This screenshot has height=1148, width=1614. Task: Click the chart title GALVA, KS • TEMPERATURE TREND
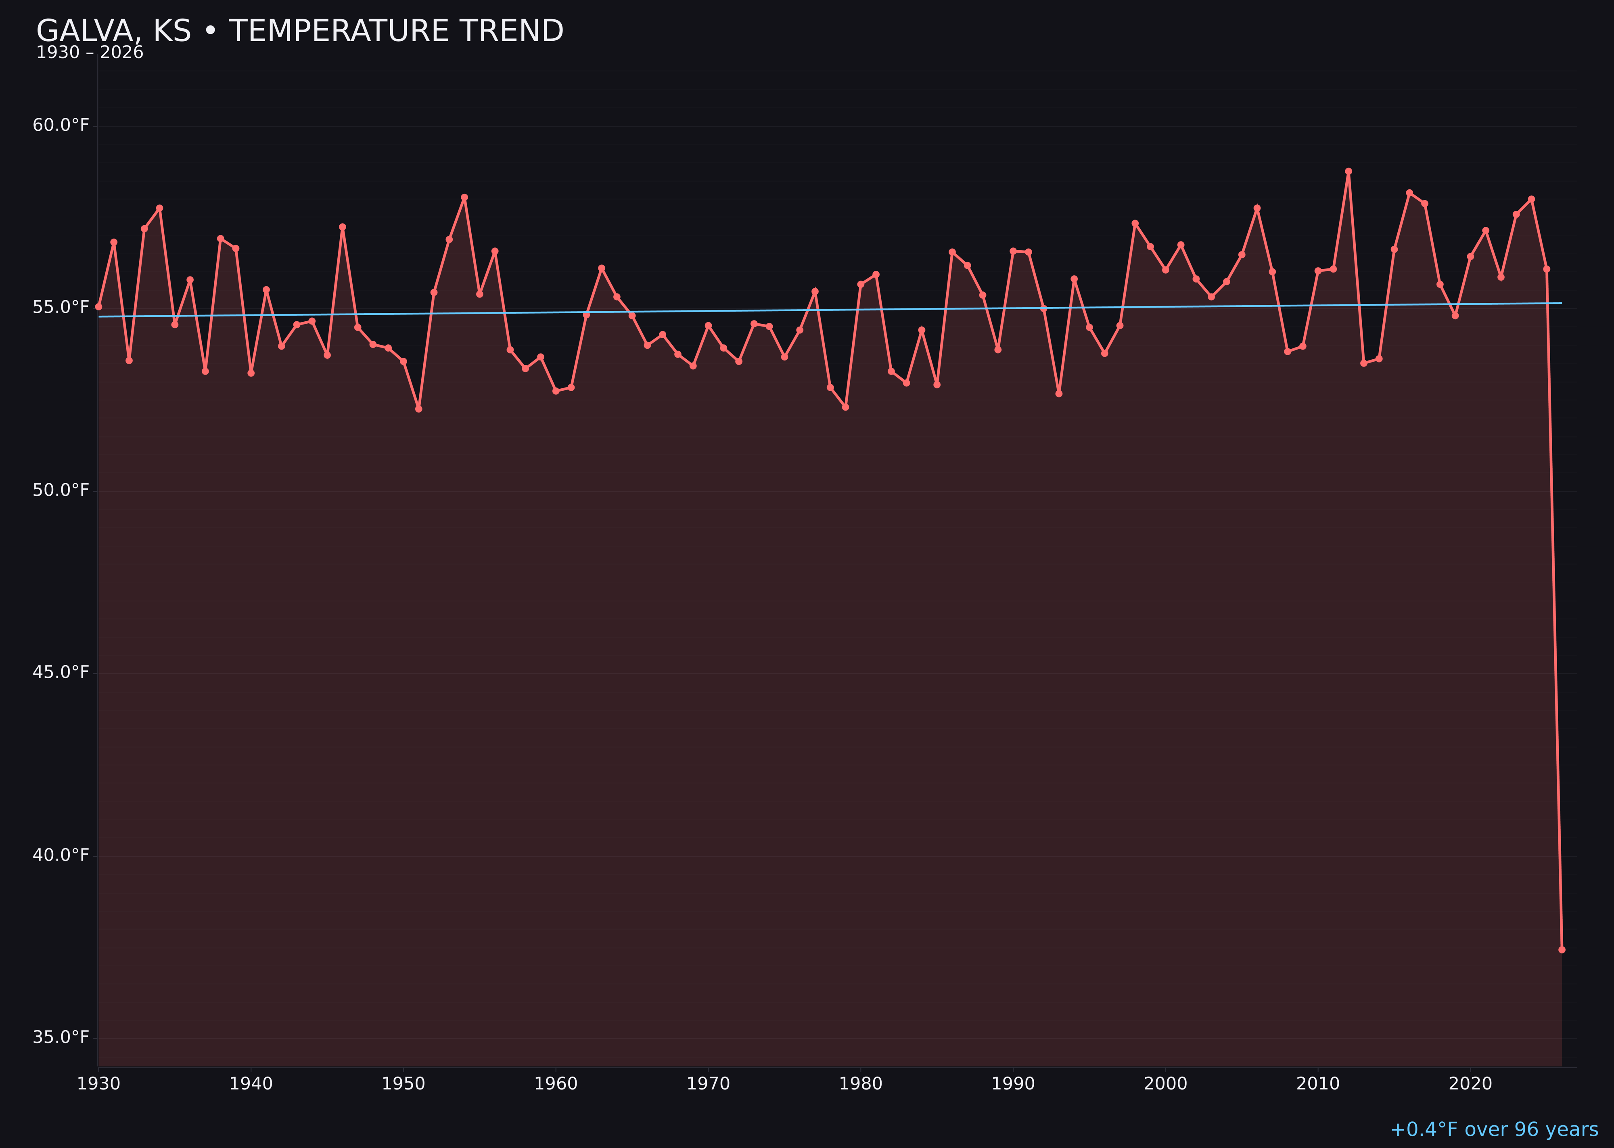click(x=300, y=31)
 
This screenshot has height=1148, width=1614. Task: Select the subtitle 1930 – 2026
click(x=90, y=53)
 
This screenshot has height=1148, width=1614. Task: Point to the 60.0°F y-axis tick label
click(x=61, y=125)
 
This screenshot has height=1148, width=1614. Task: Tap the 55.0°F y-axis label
click(x=61, y=308)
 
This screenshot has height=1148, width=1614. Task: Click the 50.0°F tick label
click(x=61, y=490)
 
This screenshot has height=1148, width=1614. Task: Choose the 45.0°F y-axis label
click(x=61, y=672)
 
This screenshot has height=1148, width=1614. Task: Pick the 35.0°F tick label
click(x=61, y=1037)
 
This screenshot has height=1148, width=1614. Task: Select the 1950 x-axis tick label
click(x=403, y=1084)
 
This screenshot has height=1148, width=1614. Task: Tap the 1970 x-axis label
click(x=708, y=1084)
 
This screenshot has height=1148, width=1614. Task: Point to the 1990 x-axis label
click(x=1013, y=1084)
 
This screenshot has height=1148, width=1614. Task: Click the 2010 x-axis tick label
click(x=1318, y=1084)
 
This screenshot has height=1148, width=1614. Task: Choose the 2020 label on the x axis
click(x=1470, y=1084)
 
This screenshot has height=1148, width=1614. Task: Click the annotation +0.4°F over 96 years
click(x=1494, y=1129)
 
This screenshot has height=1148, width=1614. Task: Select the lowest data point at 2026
click(x=1562, y=949)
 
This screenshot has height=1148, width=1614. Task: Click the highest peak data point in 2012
click(x=1348, y=171)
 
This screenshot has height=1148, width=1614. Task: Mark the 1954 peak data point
click(x=464, y=197)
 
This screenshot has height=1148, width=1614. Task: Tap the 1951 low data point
click(x=418, y=409)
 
